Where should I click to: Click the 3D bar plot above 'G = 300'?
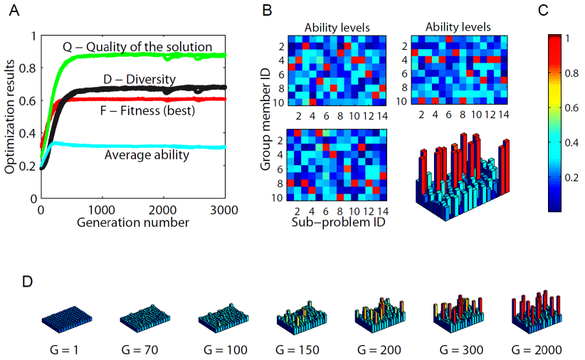coord(456,314)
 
